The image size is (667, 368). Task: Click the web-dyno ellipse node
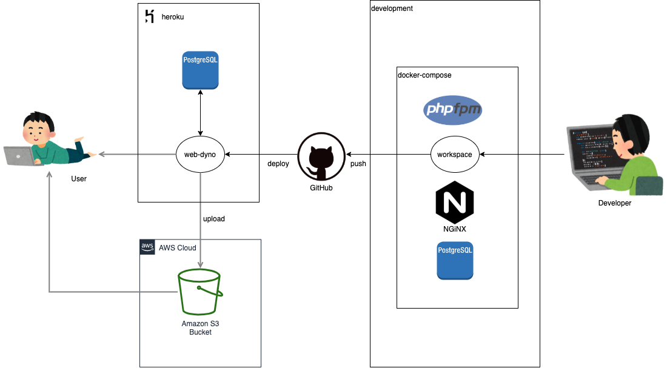[200, 155]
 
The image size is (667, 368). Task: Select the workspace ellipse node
[455, 155]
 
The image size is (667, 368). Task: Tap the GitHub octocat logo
[321, 159]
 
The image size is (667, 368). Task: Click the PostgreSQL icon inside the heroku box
[200, 71]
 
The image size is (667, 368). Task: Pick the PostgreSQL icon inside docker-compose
[455, 260]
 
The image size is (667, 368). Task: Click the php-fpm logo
[452, 110]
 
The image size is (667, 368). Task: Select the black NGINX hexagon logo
[455, 203]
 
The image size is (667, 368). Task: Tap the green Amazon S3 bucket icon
[199, 293]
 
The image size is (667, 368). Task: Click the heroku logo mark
[149, 16]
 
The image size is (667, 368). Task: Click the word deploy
[278, 164]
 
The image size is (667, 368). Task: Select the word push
[358, 164]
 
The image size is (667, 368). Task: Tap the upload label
[213, 219]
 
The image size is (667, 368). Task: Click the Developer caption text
[614, 203]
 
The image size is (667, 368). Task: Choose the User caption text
[79, 179]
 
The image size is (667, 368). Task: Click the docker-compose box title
[424, 75]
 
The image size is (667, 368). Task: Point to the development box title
[392, 8]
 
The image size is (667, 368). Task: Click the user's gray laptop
[21, 155]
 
